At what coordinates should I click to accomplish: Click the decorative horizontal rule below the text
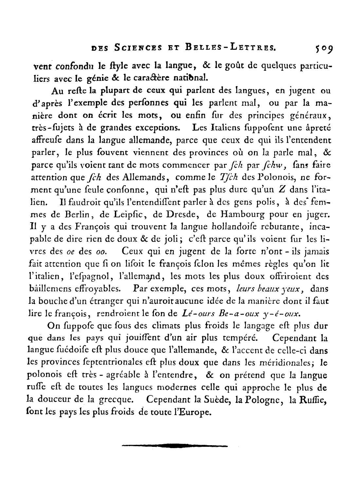tap(175, 445)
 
